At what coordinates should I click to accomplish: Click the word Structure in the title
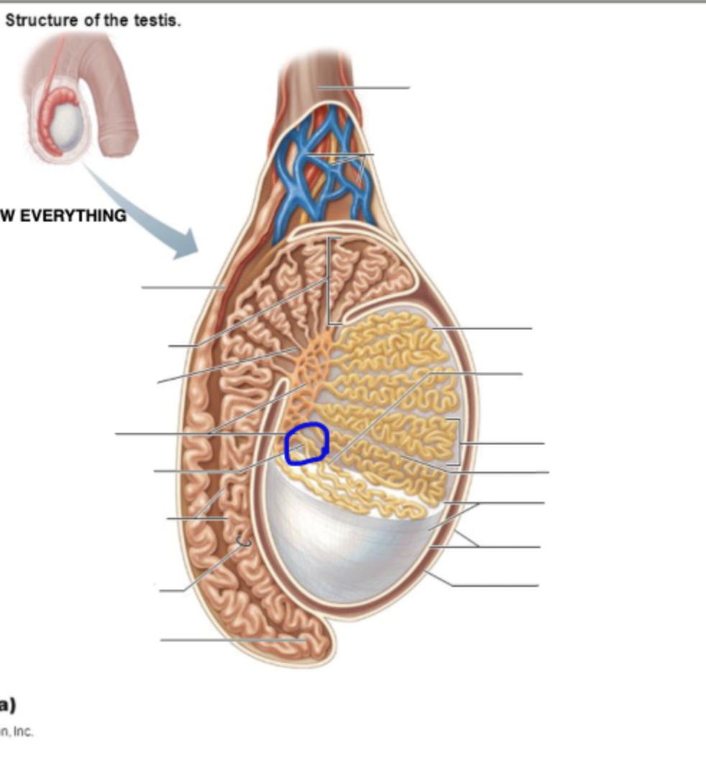click(42, 20)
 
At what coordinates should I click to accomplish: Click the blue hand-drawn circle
click(307, 444)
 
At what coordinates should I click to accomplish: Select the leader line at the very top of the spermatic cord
click(363, 88)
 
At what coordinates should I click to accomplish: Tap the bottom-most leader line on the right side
click(496, 585)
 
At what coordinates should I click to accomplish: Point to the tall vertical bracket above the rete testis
click(329, 280)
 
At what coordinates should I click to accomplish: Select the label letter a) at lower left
click(7, 705)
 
